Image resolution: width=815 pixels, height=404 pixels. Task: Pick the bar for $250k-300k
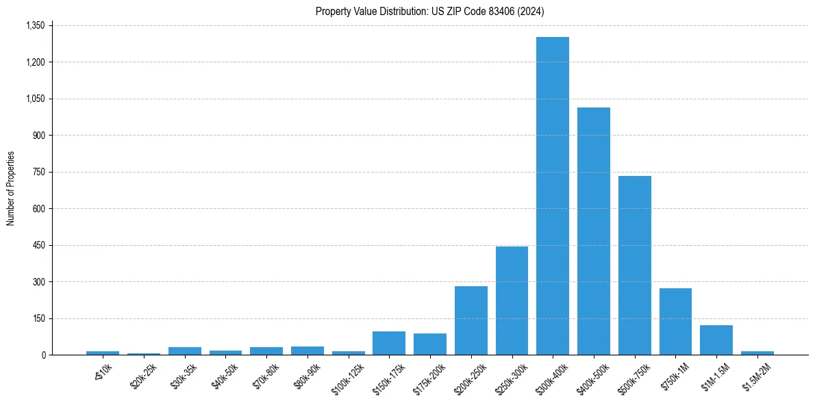(512, 301)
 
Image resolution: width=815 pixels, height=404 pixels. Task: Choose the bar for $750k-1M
(675, 321)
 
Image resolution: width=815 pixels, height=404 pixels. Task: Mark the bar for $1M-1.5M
(716, 340)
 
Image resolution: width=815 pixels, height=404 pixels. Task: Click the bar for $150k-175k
(389, 343)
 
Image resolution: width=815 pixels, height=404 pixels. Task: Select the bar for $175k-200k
(429, 344)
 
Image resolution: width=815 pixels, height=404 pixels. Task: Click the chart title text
(430, 12)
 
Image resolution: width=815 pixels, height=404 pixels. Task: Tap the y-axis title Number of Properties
(11, 188)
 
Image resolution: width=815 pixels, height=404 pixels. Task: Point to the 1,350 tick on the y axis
(34, 25)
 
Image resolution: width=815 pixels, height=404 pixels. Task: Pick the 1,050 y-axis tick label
(34, 99)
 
